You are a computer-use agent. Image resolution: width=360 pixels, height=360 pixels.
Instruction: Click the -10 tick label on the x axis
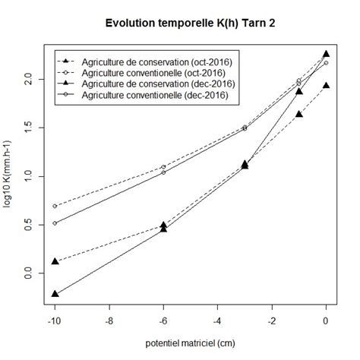pyautogui.click(x=54, y=320)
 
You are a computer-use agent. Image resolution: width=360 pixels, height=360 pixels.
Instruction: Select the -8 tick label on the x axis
pyautogui.click(x=109, y=320)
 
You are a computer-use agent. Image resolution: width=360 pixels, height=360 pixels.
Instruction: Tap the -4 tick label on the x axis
pyautogui.click(x=217, y=320)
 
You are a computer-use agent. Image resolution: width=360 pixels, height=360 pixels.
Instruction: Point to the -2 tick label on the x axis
pyautogui.click(x=272, y=320)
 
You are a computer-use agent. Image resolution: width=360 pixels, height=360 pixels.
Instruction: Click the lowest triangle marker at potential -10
pyautogui.click(x=55, y=294)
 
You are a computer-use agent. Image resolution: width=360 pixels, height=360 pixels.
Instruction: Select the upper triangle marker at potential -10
pyautogui.click(x=55, y=261)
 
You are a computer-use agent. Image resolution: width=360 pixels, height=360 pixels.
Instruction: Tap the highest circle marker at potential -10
pyautogui.click(x=55, y=206)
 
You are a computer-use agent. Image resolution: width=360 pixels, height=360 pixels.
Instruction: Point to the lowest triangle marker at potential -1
pyautogui.click(x=299, y=114)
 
